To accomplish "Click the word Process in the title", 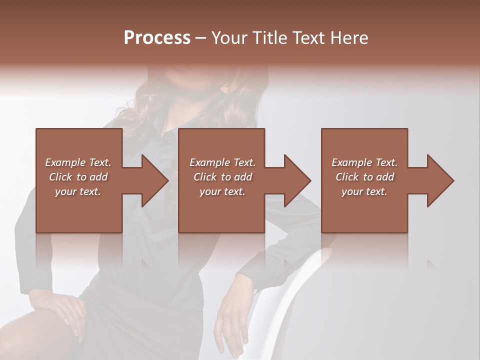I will point(157,38).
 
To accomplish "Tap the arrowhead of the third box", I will point(439,180).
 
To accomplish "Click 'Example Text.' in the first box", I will point(78,162).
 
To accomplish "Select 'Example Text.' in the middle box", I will point(222,162).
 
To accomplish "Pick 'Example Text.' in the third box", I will point(364,162).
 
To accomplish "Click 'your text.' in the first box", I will point(78,191).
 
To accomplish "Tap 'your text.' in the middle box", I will point(222,191).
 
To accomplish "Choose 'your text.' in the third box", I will point(364,191).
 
